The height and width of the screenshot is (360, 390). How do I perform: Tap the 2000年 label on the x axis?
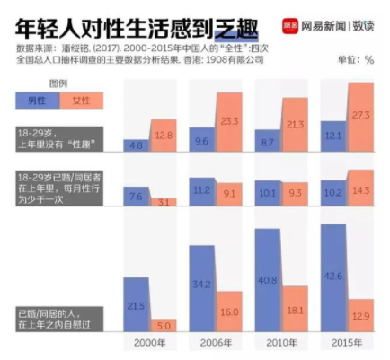[149, 343]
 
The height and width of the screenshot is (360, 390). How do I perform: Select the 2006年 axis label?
[215, 343]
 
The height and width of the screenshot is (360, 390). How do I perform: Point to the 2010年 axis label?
[280, 343]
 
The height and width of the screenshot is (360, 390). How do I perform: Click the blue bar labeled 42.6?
[333, 278]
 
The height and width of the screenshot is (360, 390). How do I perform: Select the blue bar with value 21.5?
[136, 305]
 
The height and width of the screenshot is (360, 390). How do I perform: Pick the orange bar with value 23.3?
[228, 121]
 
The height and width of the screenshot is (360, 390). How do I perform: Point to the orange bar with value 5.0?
[163, 325]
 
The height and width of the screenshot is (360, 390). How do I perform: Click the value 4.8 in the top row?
[136, 144]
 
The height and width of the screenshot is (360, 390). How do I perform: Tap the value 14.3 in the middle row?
[359, 190]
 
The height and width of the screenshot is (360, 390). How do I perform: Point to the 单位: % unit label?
[354, 58]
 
